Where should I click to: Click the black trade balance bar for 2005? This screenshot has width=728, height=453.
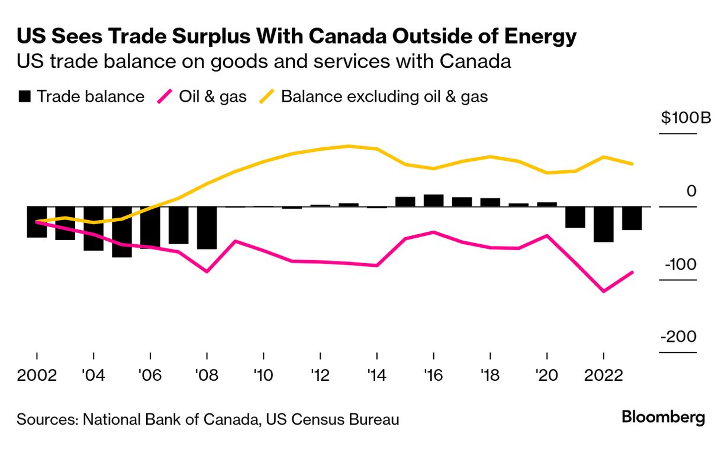(122, 232)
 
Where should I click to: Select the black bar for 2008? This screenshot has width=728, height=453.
(207, 228)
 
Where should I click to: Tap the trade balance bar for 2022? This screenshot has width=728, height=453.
(604, 224)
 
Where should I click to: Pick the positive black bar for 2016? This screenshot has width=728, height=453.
(433, 200)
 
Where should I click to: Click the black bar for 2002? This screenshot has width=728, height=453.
(37, 222)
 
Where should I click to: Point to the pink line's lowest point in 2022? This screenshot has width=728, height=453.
(604, 292)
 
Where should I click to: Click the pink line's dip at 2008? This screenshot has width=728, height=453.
(207, 272)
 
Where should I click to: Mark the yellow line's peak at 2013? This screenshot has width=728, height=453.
(349, 146)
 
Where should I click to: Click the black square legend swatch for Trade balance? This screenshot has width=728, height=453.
(24, 97)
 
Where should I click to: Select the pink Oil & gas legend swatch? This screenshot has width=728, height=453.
(164, 96)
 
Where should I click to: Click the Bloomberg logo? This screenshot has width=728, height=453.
(663, 417)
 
